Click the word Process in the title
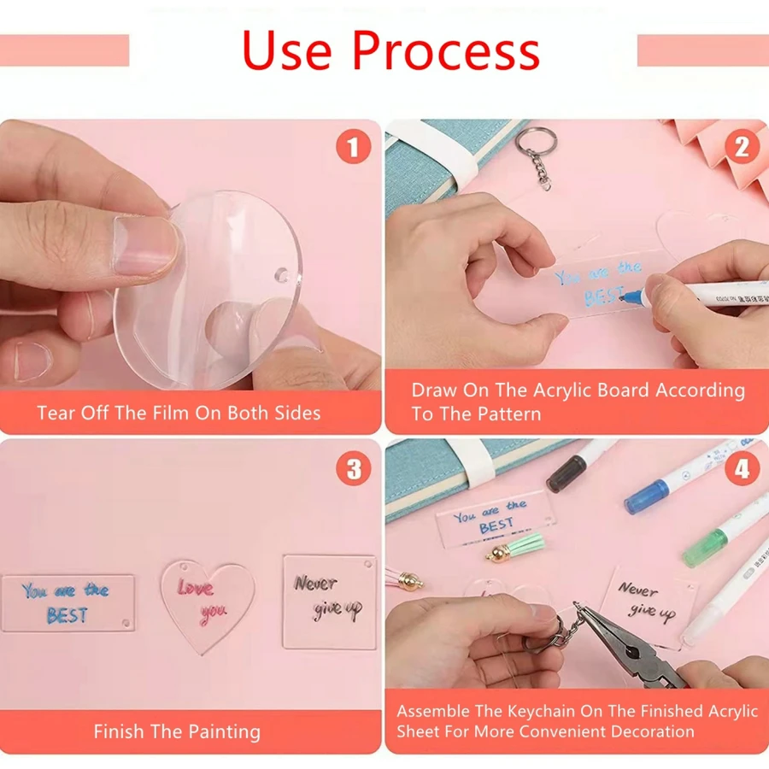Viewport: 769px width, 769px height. pos(446,50)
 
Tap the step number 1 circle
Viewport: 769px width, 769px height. pos(353,146)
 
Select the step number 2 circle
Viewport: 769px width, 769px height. pos(742,147)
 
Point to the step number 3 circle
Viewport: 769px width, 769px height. pos(353,469)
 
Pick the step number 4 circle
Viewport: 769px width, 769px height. pos(742,469)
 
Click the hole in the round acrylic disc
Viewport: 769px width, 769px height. pos(281,274)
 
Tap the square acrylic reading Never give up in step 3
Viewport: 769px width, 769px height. pos(330,602)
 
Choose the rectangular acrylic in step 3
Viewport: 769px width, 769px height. pos(68,602)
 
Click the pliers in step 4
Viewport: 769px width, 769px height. pos(632,643)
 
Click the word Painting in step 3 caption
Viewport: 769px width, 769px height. pos(225,731)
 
